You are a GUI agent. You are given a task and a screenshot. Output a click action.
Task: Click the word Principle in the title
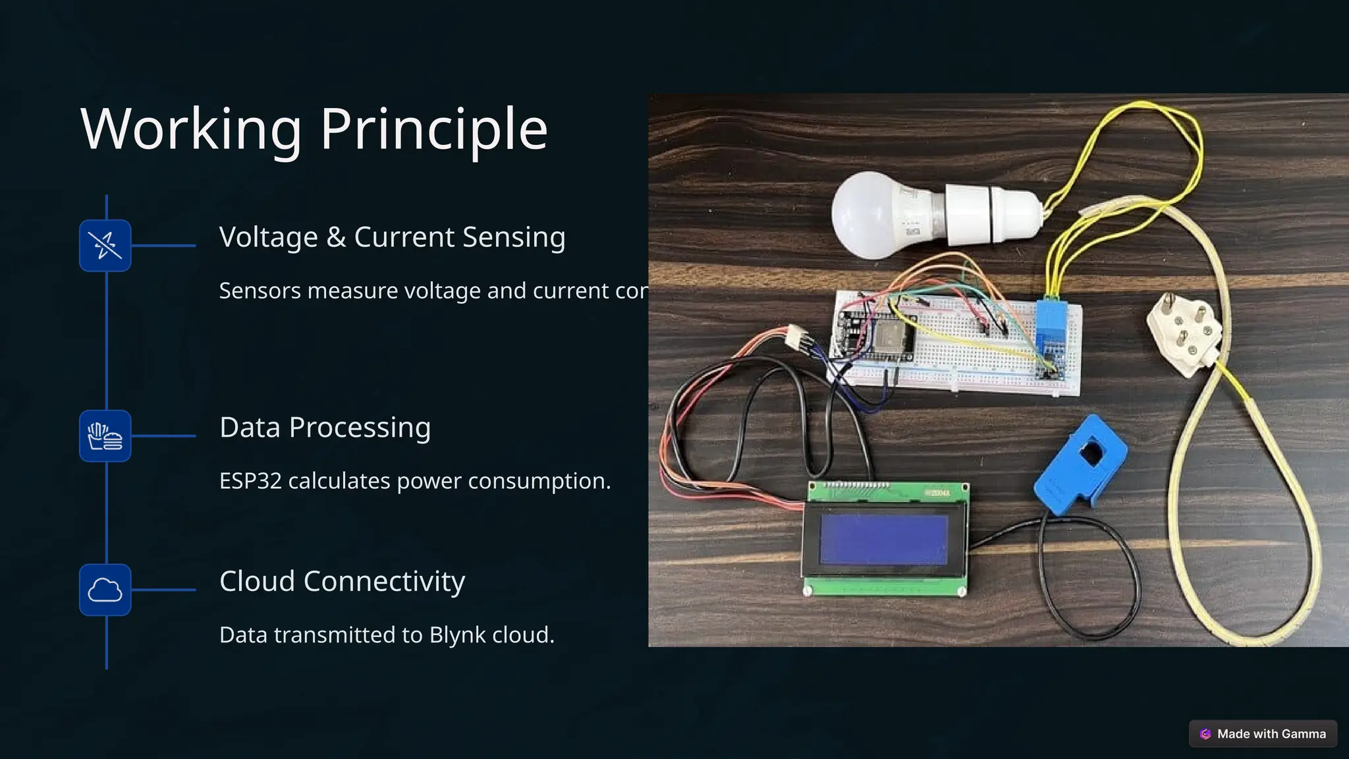(x=434, y=129)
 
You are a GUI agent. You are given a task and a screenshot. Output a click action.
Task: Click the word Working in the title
(x=192, y=129)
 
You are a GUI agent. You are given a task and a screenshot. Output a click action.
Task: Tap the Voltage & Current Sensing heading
(x=392, y=237)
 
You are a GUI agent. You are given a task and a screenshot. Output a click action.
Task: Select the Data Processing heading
(x=325, y=428)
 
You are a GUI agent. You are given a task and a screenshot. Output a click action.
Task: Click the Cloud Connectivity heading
(x=342, y=581)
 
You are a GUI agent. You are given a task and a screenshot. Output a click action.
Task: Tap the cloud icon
(x=105, y=590)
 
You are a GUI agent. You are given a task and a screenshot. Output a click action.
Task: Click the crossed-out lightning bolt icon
(x=105, y=245)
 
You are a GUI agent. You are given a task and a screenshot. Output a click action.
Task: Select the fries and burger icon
(x=105, y=436)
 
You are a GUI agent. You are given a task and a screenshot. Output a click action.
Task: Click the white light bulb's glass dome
(x=869, y=214)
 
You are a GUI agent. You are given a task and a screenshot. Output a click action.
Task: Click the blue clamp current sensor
(x=1080, y=464)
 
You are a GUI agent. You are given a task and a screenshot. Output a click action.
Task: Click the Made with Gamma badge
(x=1263, y=734)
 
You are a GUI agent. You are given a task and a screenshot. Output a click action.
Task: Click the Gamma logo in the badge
(x=1205, y=734)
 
